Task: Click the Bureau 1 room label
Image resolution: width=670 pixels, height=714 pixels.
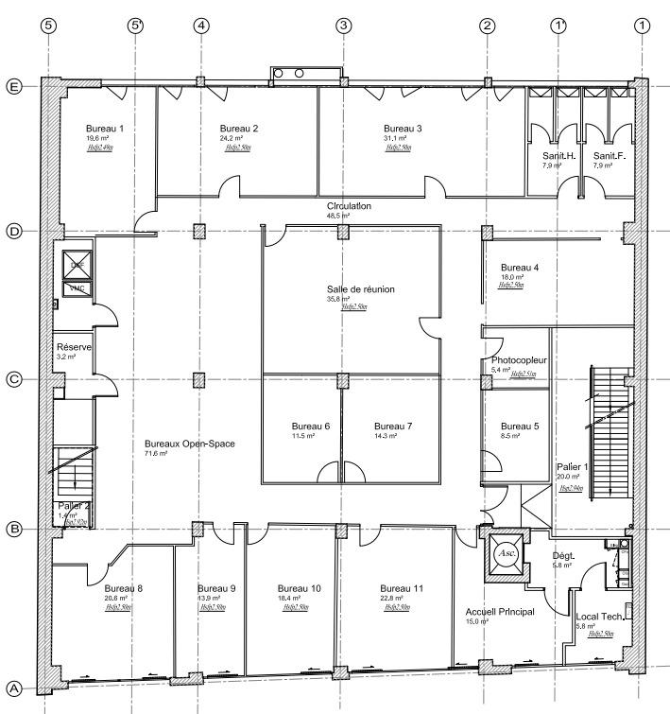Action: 105,128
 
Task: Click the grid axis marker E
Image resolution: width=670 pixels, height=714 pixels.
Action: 13,85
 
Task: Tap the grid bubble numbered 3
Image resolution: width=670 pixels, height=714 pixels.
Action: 342,26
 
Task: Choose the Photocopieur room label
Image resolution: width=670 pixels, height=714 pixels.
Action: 520,361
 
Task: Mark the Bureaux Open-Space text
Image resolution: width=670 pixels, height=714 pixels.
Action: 189,444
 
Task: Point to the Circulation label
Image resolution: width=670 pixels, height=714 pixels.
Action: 350,205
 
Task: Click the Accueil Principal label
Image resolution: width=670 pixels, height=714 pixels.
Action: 500,612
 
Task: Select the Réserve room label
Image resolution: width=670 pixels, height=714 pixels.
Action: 74,347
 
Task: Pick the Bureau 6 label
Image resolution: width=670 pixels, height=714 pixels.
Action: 310,426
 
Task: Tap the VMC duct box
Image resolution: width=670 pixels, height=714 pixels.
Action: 75,288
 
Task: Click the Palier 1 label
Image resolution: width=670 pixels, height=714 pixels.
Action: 573,467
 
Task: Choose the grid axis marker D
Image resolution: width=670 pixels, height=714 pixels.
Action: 13,232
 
